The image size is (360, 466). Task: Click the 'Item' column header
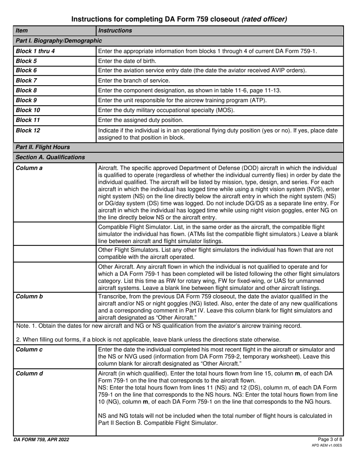[22, 31]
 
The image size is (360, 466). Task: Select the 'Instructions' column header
[115, 31]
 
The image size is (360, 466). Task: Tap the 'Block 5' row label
[26, 61]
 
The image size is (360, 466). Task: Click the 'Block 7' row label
[26, 80]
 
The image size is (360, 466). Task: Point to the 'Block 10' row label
[28, 110]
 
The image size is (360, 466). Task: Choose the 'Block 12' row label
[28, 130]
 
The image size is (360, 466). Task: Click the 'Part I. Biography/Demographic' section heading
[59, 41]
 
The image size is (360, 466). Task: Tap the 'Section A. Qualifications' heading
[50, 157]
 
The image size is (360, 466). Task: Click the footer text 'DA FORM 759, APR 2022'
[41, 439]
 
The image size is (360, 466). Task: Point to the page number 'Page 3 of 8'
[330, 439]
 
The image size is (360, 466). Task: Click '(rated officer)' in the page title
[264, 19]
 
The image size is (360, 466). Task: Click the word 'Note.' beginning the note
[23, 326]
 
